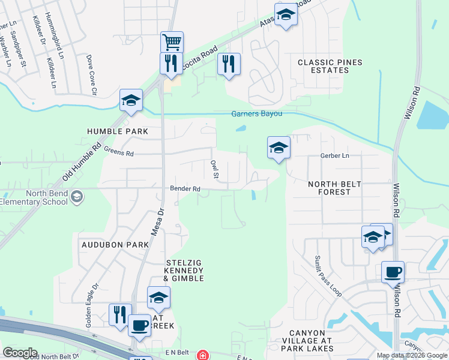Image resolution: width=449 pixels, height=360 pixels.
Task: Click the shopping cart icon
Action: pyautogui.click(x=172, y=42)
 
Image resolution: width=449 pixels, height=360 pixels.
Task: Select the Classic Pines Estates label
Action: pyautogui.click(x=323, y=66)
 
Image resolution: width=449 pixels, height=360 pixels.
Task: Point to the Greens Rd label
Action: pyautogui.click(x=118, y=153)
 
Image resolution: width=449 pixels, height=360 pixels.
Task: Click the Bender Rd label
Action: pyautogui.click(x=185, y=188)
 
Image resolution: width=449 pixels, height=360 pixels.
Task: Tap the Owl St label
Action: pyautogui.click(x=214, y=169)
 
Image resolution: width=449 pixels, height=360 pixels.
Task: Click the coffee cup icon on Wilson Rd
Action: pyautogui.click(x=393, y=272)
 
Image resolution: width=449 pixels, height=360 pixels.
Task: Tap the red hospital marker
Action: pyautogui.click(x=203, y=355)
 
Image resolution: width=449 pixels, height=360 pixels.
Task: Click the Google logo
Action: pyautogui.click(x=19, y=353)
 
